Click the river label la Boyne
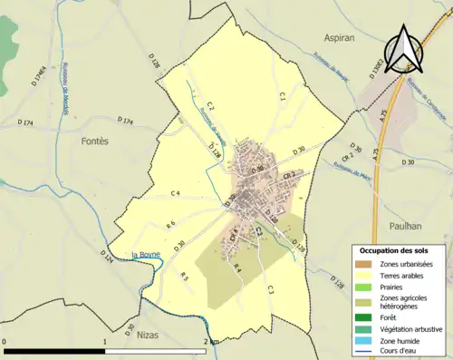146,255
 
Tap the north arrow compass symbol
405,50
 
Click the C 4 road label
176,194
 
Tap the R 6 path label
169,224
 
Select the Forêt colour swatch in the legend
365,317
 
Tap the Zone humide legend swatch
365,340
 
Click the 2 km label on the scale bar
211,341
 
